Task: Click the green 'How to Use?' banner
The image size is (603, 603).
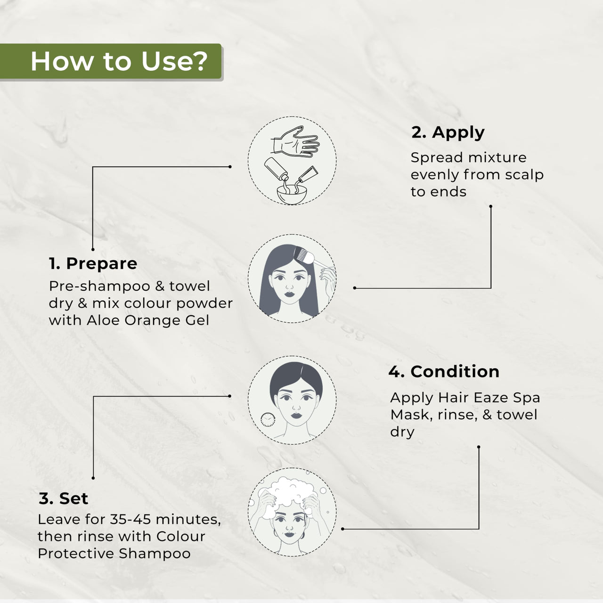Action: [x=111, y=61]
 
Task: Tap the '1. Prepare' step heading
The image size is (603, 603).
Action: [x=93, y=263]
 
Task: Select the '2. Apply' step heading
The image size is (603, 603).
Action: [x=448, y=133]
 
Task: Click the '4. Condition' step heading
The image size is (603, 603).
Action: [x=444, y=372]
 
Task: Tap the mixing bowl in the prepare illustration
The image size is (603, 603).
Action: [x=292, y=194]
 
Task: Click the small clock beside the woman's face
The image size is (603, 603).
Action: [x=268, y=420]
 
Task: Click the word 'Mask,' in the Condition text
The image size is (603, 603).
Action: [x=411, y=415]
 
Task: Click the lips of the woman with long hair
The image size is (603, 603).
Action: [x=289, y=294]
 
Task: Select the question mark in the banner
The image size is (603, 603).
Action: [x=200, y=61]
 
